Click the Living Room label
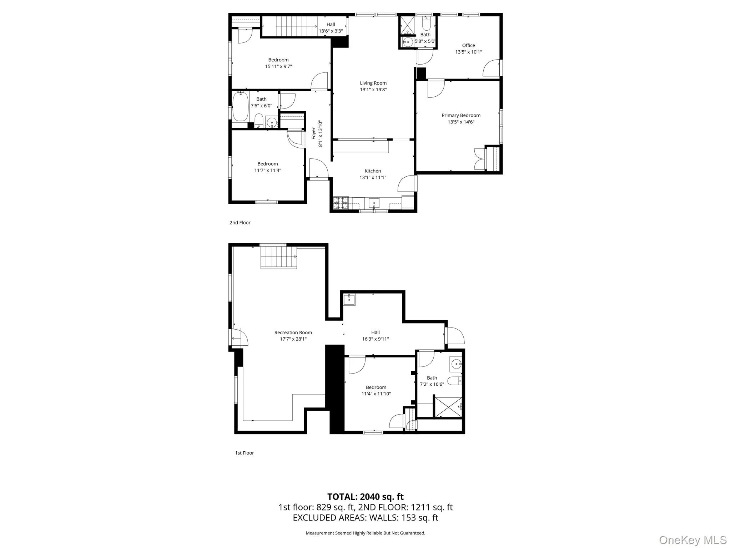click(373, 83)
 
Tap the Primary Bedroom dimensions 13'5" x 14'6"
click(461, 122)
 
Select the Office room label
click(468, 45)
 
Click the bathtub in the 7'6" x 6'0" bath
click(240, 106)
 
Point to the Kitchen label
click(373, 171)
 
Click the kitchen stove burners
click(340, 203)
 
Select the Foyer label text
click(314, 133)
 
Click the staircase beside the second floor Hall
click(296, 26)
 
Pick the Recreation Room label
click(293, 333)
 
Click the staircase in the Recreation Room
click(278, 257)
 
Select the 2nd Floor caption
click(240, 223)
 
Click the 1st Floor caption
click(244, 453)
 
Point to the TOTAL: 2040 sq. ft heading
click(365, 496)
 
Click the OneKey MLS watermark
click(692, 540)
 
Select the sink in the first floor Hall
click(349, 300)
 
